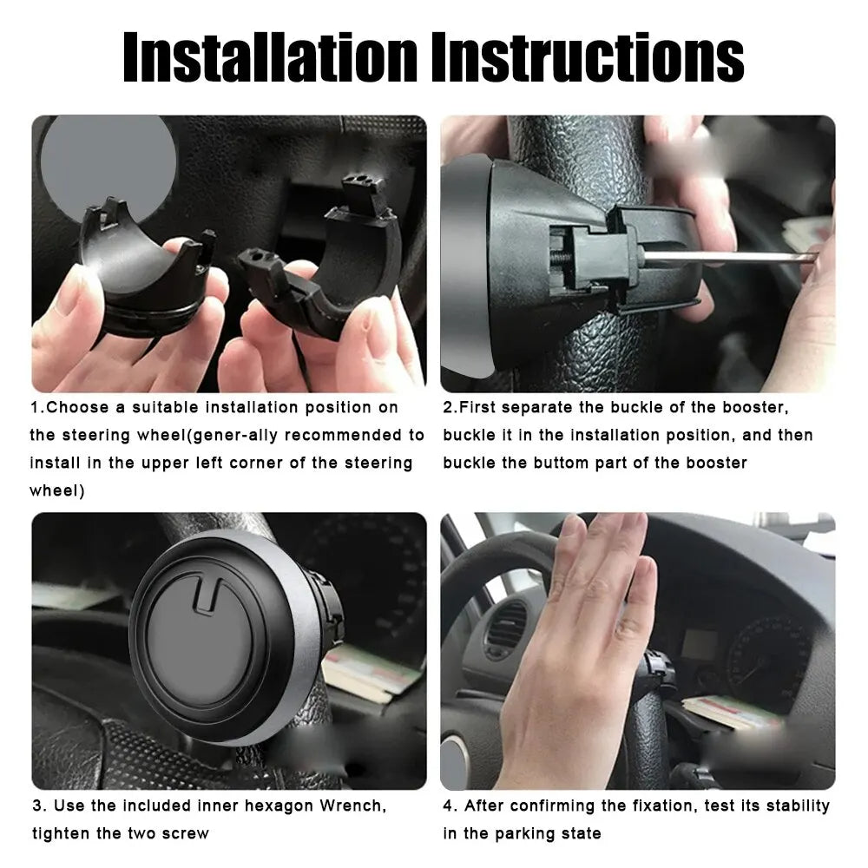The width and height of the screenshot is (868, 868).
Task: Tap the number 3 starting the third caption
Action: point(36,806)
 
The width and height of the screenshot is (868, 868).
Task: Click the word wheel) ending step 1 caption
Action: point(57,490)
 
